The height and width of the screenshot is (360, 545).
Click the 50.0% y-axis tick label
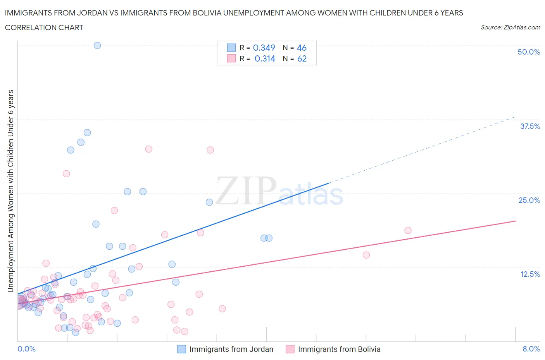point(528,52)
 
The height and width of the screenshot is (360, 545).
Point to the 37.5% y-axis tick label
point(529,126)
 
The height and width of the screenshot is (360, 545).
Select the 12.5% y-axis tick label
point(529,274)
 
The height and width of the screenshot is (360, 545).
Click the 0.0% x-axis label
point(26,349)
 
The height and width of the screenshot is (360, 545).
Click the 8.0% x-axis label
point(531,349)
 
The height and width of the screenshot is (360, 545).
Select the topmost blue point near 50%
point(97,45)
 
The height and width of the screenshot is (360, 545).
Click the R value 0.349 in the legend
point(264,48)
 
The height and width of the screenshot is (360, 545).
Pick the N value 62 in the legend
point(302,58)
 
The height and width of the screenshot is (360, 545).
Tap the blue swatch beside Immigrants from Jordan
point(181,349)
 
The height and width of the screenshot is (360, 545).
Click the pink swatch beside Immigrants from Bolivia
point(290,349)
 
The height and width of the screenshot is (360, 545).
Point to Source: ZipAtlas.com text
point(510,27)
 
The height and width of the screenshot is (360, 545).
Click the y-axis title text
point(11,191)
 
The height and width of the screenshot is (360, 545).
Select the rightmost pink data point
point(408,230)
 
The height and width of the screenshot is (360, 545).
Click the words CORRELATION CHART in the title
point(44,27)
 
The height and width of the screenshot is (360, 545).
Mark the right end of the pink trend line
point(516,221)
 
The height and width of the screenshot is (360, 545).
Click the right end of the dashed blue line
point(516,117)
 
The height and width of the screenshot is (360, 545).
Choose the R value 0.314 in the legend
point(264,58)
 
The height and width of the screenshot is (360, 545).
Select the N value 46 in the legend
point(302,48)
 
